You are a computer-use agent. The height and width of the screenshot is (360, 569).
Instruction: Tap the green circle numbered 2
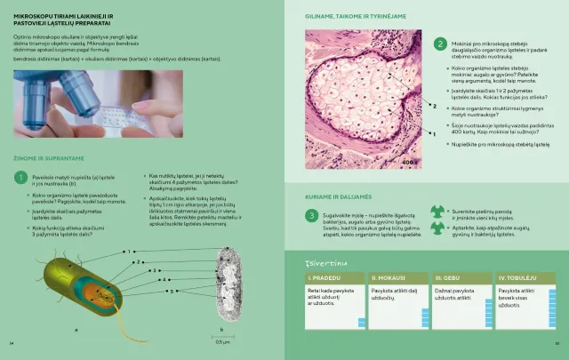click(x=440, y=44)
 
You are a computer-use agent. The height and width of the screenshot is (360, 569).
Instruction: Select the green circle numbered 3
click(x=311, y=215)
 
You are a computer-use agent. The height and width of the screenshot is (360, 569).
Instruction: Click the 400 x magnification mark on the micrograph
click(x=410, y=164)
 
